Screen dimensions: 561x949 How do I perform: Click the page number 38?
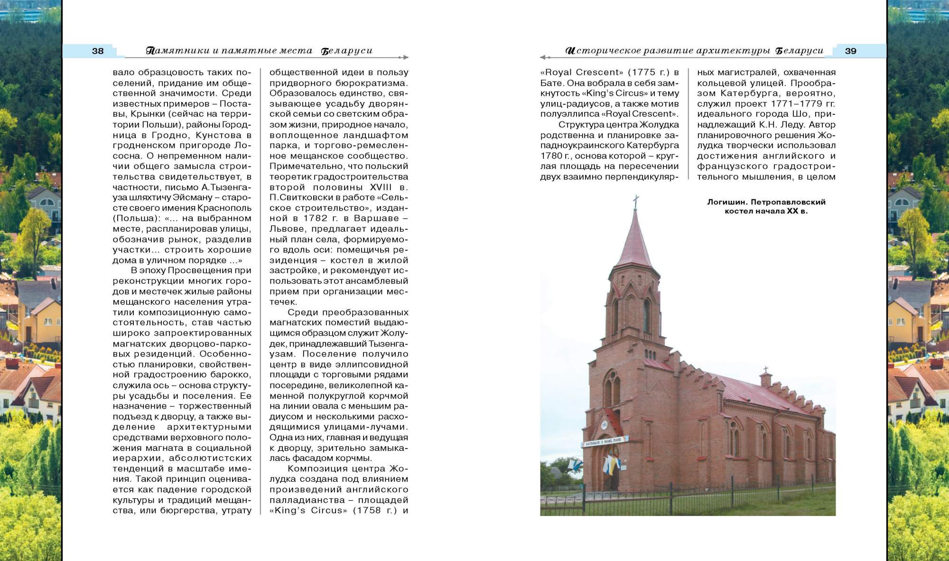coord(98,51)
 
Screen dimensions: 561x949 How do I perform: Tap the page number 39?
coord(850,51)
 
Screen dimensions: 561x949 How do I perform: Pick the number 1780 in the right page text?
coord(550,156)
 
